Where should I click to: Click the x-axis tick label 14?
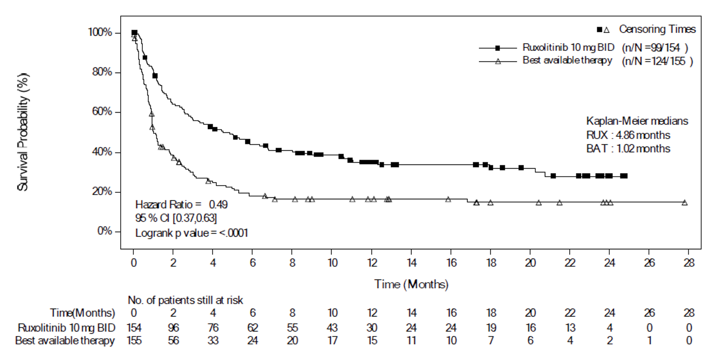pos(411,262)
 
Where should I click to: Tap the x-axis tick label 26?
pos(649,262)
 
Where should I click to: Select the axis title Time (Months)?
pos(411,284)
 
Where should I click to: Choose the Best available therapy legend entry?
pos(567,60)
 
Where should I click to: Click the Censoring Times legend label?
pos(657,29)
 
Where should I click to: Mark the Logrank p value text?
pos(192,232)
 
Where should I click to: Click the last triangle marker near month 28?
pos(684,203)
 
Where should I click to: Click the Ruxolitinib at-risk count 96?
pos(173,327)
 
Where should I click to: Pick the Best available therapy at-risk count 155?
pos(134,340)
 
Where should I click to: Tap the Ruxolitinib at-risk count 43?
pos(332,327)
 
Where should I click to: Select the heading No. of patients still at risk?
pos(185,299)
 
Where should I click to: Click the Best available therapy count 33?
pos(213,340)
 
